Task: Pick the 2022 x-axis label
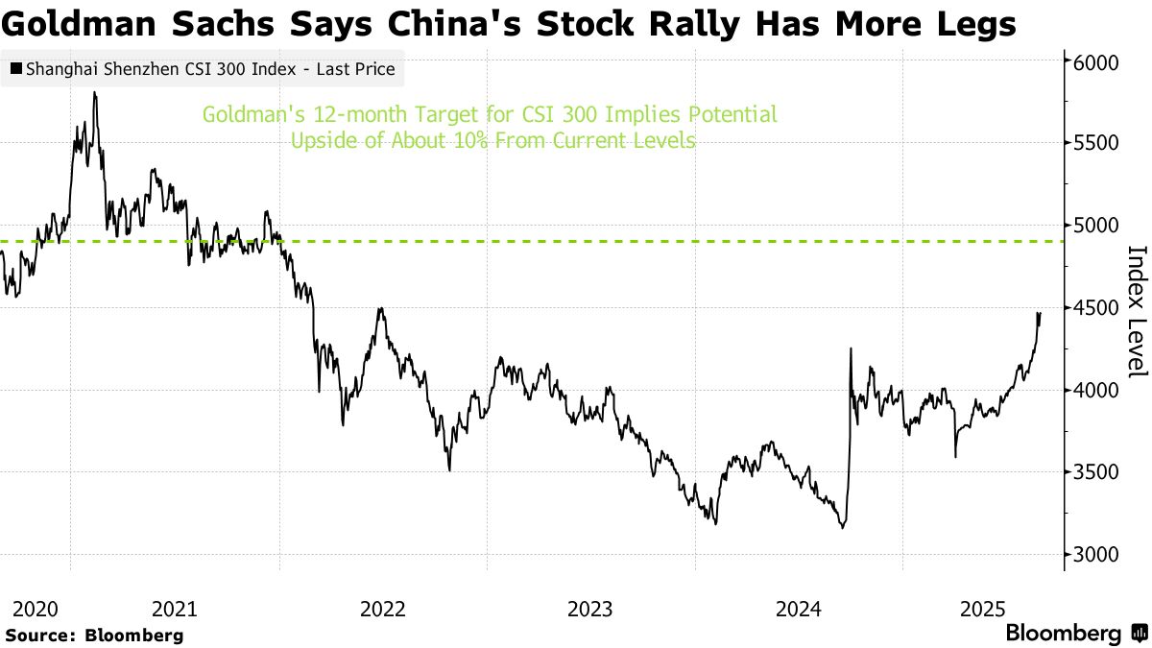coord(383,609)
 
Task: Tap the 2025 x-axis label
coord(983,609)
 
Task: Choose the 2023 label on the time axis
coord(589,609)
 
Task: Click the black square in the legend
coord(16,69)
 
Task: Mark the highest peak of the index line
coord(94,93)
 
